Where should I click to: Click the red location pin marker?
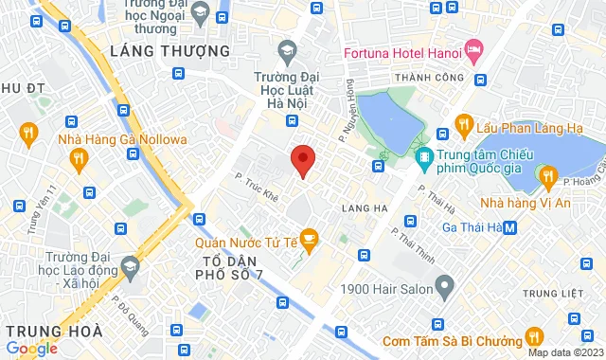click(x=302, y=161)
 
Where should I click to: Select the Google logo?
click(x=30, y=348)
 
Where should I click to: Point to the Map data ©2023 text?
click(x=564, y=352)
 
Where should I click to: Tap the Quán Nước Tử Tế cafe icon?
click(x=308, y=238)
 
